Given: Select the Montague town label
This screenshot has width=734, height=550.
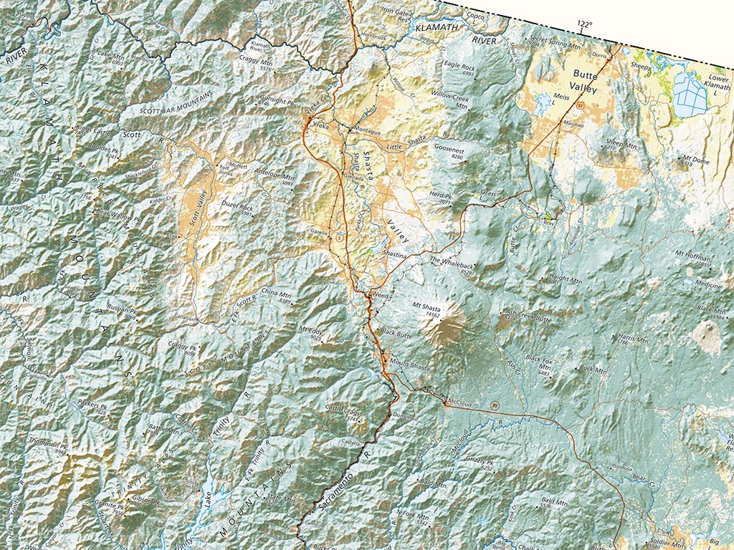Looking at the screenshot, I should pyautogui.click(x=368, y=130).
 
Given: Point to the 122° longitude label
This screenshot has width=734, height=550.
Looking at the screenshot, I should pyautogui.click(x=584, y=24).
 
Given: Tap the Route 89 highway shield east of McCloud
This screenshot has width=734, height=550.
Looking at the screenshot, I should pyautogui.click(x=495, y=405).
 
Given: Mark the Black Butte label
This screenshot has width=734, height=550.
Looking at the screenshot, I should pyautogui.click(x=396, y=332).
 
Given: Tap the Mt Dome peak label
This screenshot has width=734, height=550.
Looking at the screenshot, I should pyautogui.click(x=695, y=161).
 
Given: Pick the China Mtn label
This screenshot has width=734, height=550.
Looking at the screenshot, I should pyautogui.click(x=275, y=294).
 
